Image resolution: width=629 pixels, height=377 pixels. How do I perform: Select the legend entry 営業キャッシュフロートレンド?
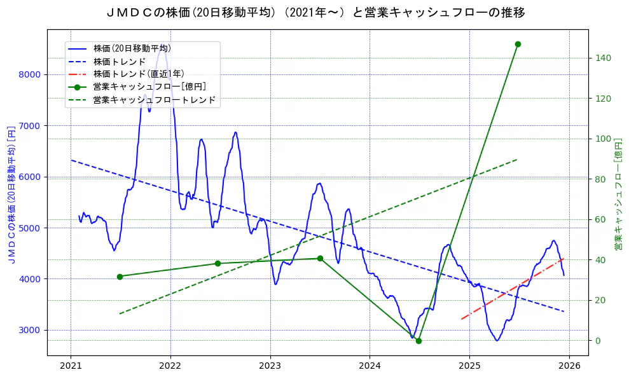point(154,100)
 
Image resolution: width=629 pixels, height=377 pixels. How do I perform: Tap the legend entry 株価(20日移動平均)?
point(132,48)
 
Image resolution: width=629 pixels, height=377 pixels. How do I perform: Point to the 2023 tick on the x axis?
point(270,366)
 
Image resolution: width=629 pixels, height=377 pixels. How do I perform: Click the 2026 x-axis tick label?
point(569,366)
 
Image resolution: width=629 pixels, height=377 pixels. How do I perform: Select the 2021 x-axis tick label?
point(71,366)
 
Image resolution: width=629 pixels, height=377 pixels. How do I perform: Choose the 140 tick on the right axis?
point(603,58)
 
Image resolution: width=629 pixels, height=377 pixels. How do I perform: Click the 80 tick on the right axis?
point(600,179)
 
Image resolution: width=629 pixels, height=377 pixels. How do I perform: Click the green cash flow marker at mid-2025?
point(518,44)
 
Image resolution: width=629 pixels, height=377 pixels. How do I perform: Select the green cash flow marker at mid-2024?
point(418,341)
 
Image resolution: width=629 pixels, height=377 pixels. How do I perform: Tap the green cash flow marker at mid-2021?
point(120,277)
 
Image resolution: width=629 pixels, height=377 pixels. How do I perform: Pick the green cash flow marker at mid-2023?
point(320,258)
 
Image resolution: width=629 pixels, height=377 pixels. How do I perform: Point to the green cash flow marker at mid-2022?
point(218,263)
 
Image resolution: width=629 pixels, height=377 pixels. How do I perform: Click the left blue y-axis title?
point(11,193)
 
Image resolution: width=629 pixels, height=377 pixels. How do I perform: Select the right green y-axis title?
point(618,193)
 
